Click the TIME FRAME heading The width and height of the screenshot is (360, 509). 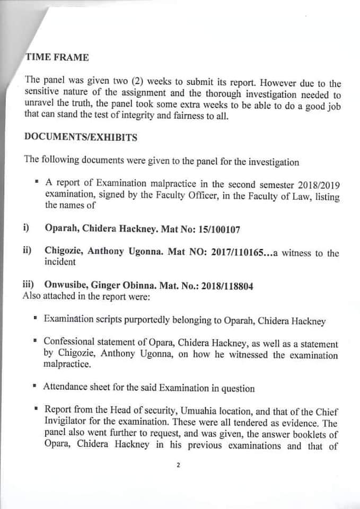click(57, 57)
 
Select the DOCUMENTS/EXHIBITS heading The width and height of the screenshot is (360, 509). click(81, 137)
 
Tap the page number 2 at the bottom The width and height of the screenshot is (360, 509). click(179, 466)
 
